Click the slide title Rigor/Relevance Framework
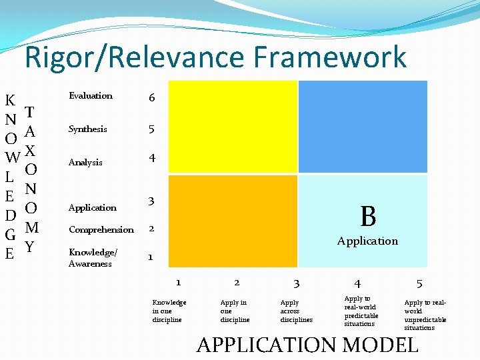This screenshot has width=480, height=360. pos(215,57)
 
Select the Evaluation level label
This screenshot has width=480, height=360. pos(91,96)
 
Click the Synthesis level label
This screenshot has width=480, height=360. pos(87,129)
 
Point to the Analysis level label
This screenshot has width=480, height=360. pos(85,163)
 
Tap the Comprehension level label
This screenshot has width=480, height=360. pos(101,230)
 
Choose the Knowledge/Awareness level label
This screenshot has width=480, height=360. pos(92,258)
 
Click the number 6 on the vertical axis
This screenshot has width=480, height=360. pos(152,98)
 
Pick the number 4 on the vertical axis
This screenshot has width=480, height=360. pos(152,159)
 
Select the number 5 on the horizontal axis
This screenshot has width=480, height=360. pos(419,283)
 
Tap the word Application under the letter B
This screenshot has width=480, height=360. pos(367,241)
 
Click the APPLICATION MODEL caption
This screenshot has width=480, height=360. pos(307,345)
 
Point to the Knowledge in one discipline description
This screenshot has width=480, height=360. pos(169,311)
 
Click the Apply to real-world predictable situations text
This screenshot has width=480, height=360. pos(361,311)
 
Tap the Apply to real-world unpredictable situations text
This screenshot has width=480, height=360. pos(425,315)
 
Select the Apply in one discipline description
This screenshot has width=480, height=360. pos(235,311)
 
